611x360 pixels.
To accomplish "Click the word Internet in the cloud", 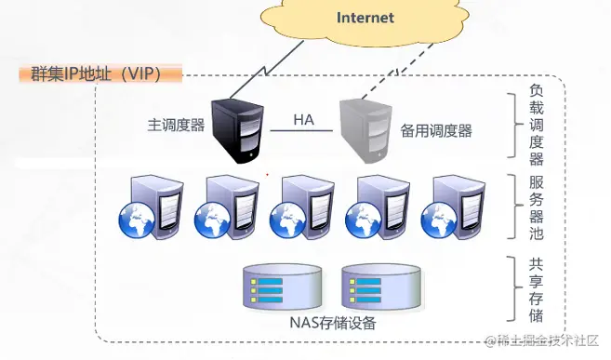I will (x=365, y=18).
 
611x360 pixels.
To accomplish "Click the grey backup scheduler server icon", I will (x=365, y=129).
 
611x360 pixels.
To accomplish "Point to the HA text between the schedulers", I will (x=303, y=120).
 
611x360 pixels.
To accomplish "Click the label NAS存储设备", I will (x=326, y=324).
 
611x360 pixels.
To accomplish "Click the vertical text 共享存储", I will (x=537, y=289).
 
